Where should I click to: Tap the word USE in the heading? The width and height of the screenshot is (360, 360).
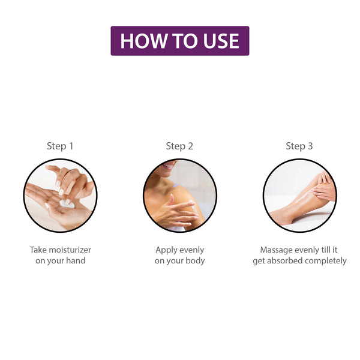(x=221, y=41)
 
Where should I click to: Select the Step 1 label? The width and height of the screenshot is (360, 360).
(x=60, y=146)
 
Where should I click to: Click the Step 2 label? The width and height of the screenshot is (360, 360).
(x=179, y=146)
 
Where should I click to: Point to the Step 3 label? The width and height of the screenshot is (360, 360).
(x=299, y=146)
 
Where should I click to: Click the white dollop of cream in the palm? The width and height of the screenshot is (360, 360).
(x=67, y=204)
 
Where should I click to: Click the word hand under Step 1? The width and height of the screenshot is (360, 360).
(x=76, y=260)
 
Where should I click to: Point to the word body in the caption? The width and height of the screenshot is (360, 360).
(x=195, y=261)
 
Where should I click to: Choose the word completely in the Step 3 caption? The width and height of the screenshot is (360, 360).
(x=326, y=261)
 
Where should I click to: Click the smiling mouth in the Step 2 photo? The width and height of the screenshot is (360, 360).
(x=169, y=166)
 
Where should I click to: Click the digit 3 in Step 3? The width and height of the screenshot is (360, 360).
(x=310, y=146)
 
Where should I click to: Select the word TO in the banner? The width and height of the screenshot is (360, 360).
(x=185, y=41)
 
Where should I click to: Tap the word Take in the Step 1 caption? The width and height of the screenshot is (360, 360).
(x=38, y=250)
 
